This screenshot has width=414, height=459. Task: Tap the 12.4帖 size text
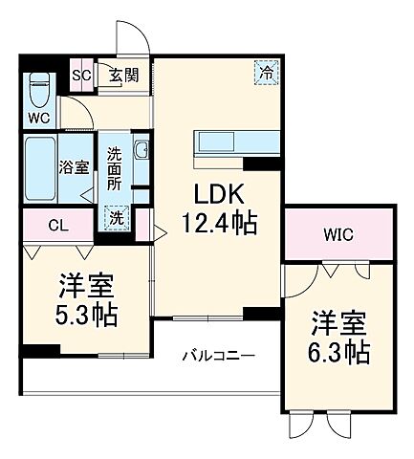point(218,226)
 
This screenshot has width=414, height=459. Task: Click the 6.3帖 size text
point(339,354)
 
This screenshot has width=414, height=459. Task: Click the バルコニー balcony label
point(219,356)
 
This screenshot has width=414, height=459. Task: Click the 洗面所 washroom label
point(115,166)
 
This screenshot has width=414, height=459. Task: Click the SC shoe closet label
point(81,76)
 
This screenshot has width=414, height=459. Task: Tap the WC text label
point(38,118)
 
